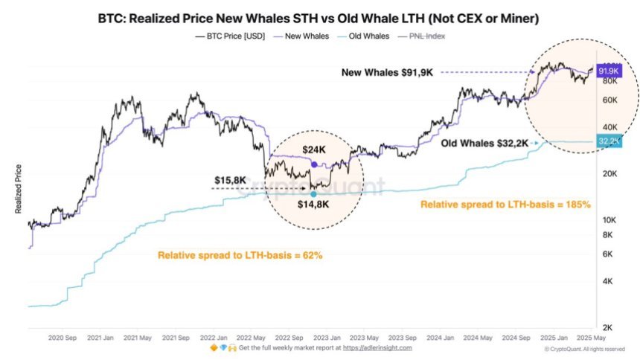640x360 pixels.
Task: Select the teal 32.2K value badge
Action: pos(608,141)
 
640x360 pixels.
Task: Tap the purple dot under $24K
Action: pos(314,164)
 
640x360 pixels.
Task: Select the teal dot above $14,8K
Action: pos(313,193)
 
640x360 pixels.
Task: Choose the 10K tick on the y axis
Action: pos(607,220)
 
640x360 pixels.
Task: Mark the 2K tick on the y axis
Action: pos(607,327)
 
